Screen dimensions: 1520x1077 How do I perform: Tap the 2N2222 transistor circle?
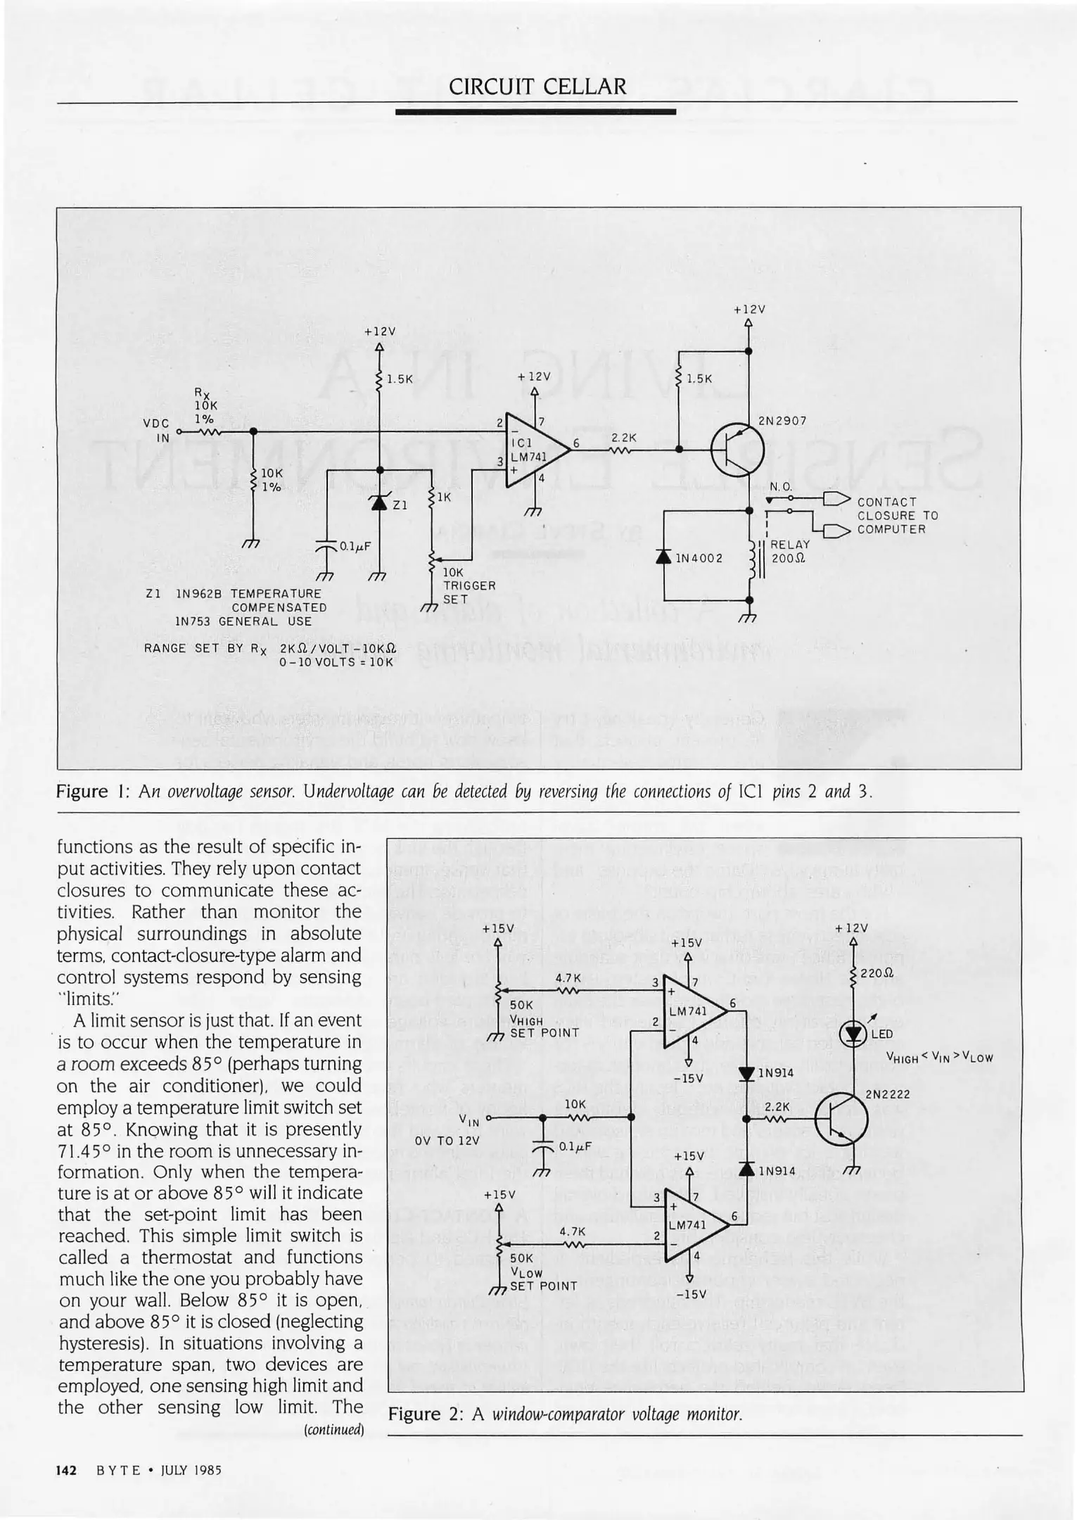tap(841, 1118)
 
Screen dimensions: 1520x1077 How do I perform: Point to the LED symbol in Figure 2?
tap(855, 1034)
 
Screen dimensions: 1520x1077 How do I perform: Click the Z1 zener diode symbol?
tap(380, 502)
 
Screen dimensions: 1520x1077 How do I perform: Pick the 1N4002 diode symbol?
tap(663, 557)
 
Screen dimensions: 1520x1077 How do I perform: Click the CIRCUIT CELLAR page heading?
tap(537, 87)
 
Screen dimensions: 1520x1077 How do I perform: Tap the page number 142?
tap(66, 1470)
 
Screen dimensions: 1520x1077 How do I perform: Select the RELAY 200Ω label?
tap(789, 551)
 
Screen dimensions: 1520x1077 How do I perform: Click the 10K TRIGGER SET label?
tap(469, 585)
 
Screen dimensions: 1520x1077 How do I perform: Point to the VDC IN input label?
tap(156, 430)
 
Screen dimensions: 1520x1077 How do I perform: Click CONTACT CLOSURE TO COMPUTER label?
tap(897, 515)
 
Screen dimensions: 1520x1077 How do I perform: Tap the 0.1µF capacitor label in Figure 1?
tap(355, 546)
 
